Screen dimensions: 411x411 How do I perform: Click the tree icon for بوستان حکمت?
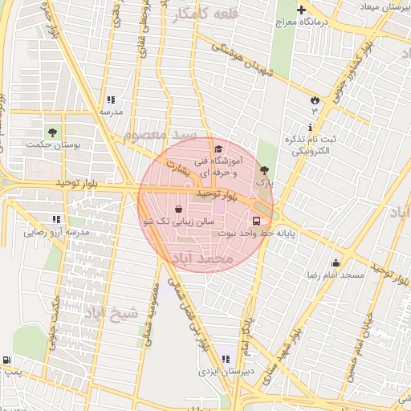click(52, 132)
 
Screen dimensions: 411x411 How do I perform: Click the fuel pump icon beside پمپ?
click(7, 360)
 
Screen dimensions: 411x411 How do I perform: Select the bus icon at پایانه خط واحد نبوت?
click(256, 221)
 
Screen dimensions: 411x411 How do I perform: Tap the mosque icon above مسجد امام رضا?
click(336, 262)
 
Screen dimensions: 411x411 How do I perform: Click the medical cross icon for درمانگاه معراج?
click(301, 10)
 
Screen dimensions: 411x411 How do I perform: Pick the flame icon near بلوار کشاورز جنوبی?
click(315, 100)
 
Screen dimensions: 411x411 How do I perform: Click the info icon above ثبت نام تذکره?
click(310, 127)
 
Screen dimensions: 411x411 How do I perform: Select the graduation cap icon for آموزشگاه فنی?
click(218, 149)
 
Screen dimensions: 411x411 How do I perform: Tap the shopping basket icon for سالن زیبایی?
click(177, 209)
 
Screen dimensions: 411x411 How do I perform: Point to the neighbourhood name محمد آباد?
click(201, 259)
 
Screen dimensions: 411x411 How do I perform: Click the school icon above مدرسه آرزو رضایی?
click(56, 219)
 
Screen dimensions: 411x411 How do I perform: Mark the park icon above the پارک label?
click(265, 170)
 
